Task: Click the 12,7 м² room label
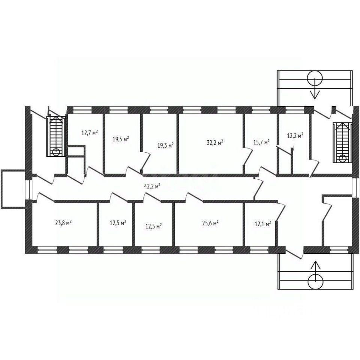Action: (90, 132)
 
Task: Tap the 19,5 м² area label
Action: (121, 139)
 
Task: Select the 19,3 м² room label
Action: (165, 145)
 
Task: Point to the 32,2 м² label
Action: (215, 142)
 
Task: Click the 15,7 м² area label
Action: (261, 142)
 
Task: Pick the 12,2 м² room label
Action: (295, 135)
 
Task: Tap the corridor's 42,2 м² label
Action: (152, 186)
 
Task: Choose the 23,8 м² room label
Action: (63, 222)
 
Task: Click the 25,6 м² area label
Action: (210, 223)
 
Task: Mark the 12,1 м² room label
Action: (263, 223)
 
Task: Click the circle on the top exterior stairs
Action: (315, 78)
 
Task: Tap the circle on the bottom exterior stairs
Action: (315, 282)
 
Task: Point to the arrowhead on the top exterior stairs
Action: (315, 94)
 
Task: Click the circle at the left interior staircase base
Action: (56, 152)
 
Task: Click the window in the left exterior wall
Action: (28, 190)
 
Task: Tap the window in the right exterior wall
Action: (355, 187)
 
